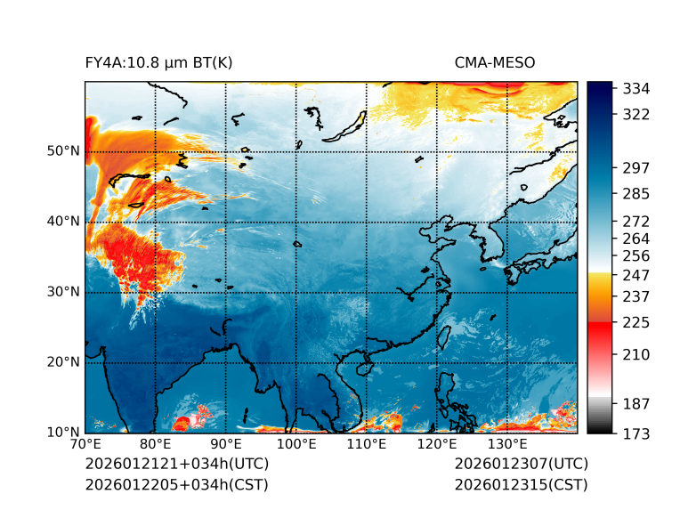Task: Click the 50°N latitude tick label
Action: coord(63,151)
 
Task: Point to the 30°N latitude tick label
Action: coord(63,292)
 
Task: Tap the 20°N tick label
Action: coord(63,362)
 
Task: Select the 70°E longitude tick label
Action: coord(85,443)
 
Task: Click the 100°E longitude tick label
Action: coord(295,443)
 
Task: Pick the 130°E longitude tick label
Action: coord(506,443)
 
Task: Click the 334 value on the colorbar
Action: coord(636,89)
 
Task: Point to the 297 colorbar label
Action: coord(636,167)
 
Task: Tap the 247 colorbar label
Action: coord(636,274)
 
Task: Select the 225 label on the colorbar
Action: coord(636,321)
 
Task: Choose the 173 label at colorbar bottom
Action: coord(636,433)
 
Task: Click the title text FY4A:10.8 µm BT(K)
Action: coord(159,63)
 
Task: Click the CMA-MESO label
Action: coord(494,63)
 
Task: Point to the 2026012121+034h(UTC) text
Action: coord(176,464)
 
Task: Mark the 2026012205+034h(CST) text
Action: coord(176,484)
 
